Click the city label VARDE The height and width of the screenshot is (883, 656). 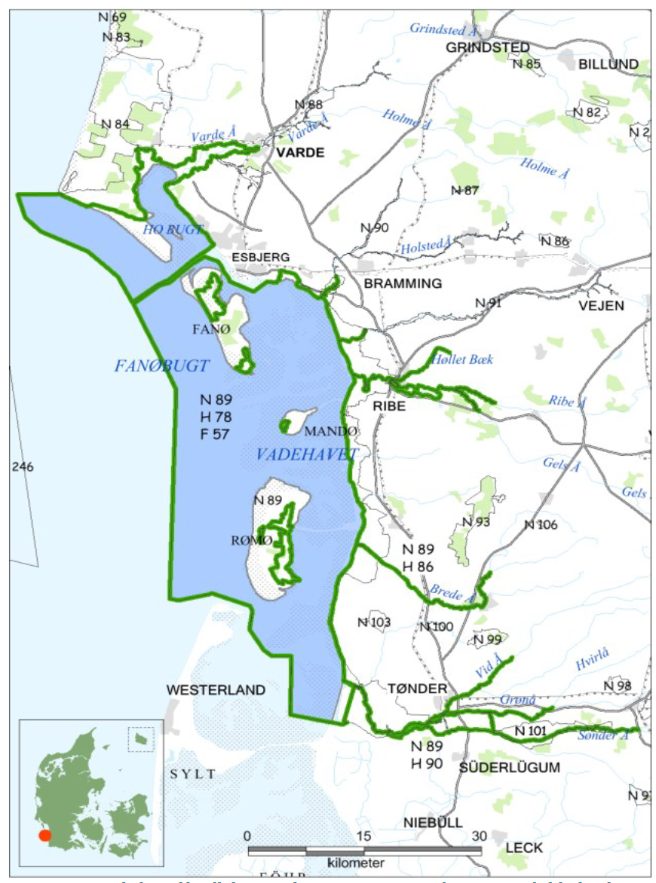(x=300, y=153)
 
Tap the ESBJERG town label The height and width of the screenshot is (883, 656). (x=261, y=257)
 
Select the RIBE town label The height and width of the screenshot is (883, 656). (x=389, y=406)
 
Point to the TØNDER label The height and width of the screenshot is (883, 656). (x=417, y=689)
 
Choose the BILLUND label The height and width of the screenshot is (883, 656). (x=608, y=65)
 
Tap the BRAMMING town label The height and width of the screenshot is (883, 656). (x=403, y=283)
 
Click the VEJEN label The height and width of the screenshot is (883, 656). (x=601, y=305)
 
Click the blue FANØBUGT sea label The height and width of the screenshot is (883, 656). (x=161, y=366)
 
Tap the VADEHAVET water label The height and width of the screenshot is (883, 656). (x=305, y=454)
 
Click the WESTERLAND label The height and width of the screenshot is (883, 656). (x=216, y=689)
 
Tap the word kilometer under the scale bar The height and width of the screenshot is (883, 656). (x=356, y=862)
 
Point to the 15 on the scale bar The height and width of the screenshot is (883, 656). (x=363, y=836)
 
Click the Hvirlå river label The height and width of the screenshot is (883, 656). (x=592, y=661)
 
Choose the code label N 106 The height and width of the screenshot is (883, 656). (x=541, y=525)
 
